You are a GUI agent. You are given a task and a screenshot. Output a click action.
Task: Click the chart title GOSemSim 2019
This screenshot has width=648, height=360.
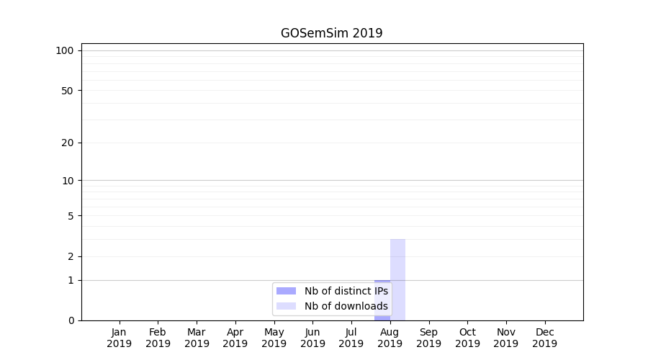point(331,33)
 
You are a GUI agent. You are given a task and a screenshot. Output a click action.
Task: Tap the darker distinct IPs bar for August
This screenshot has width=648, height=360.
point(382,300)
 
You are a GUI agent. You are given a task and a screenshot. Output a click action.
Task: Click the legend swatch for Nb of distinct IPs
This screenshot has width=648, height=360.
point(286,291)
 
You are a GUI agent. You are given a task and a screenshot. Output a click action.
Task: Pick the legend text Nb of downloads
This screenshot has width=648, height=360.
point(346,306)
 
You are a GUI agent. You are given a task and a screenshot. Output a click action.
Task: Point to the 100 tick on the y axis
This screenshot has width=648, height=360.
point(65,50)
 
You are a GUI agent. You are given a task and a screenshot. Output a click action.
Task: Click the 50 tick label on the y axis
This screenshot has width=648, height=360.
point(68,91)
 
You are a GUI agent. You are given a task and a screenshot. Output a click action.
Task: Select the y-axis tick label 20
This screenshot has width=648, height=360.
point(68,143)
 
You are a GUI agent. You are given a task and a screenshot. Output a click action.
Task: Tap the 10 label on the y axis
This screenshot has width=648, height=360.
point(68,181)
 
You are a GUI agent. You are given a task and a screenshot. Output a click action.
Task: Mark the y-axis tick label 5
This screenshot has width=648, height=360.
point(71,216)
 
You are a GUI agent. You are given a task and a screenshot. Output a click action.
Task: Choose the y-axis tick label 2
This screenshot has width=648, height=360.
point(71,256)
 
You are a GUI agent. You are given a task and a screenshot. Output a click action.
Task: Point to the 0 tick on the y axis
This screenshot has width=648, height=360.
point(71,320)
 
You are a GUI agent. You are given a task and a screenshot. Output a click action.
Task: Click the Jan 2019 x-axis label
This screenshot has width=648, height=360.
point(120,338)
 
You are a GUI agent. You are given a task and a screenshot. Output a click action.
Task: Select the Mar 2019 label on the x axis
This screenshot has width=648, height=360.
point(197,338)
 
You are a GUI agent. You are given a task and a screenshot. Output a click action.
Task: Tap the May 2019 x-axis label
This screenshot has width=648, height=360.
point(274,338)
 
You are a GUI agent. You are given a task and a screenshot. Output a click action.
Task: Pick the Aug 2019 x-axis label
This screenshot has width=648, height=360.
point(390,338)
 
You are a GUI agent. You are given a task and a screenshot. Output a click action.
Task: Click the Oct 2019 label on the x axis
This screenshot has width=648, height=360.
point(467,338)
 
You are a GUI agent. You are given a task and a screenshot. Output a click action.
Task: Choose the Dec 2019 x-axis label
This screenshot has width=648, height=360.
point(544,338)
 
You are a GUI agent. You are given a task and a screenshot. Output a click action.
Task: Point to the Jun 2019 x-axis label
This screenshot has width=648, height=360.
point(312,338)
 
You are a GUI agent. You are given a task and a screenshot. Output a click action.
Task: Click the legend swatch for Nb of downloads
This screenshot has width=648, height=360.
point(286,306)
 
